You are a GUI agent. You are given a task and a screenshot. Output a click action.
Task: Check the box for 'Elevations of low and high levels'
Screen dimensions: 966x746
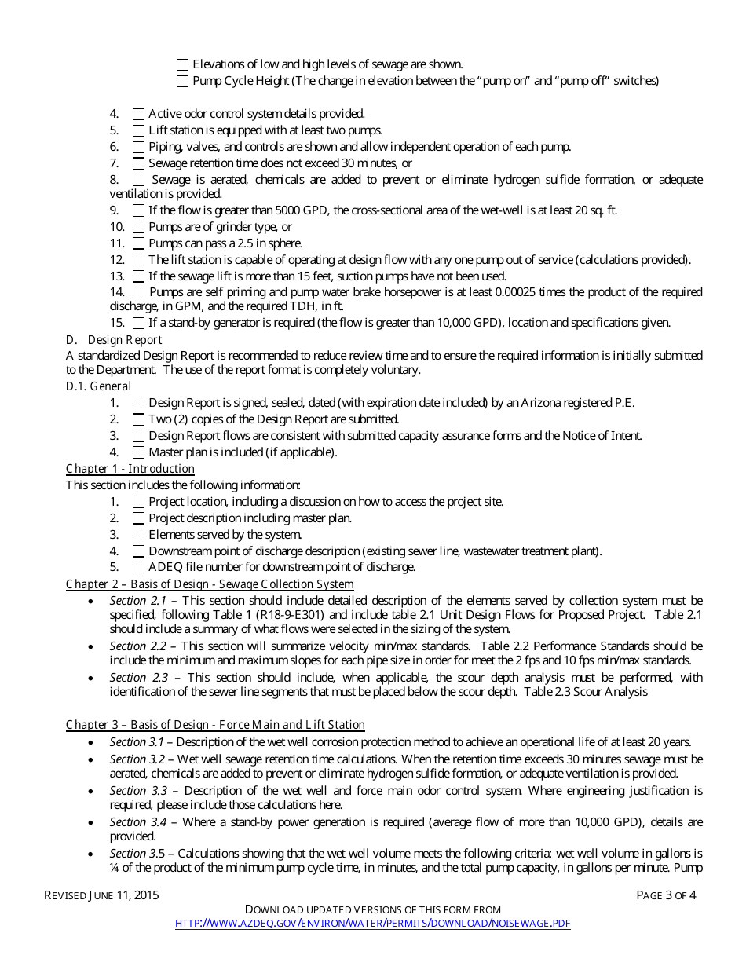click(x=183, y=65)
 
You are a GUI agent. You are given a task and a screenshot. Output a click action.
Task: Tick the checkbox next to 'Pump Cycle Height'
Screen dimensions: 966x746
click(x=183, y=81)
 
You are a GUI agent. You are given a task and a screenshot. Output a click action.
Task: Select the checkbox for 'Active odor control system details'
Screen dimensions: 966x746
click(x=139, y=114)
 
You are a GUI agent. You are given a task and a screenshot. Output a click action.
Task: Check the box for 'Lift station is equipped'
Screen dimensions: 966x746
click(x=139, y=130)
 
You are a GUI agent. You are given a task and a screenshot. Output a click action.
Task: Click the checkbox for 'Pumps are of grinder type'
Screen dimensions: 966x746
click(x=139, y=227)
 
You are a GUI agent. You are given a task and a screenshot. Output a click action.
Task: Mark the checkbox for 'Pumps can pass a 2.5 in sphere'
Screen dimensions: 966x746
click(x=139, y=243)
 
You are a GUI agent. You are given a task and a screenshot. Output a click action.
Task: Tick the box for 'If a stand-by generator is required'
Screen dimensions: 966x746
click(x=139, y=323)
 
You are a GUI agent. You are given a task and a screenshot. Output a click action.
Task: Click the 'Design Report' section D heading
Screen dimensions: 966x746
click(x=125, y=340)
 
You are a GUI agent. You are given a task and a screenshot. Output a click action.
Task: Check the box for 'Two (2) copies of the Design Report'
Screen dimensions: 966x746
click(x=139, y=419)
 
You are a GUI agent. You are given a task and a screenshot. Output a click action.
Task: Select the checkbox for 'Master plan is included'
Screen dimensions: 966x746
click(x=139, y=452)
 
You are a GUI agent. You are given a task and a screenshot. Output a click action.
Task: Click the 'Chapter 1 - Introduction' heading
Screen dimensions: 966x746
click(x=130, y=469)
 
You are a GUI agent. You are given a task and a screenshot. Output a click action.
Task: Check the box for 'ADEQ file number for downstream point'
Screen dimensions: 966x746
click(x=139, y=567)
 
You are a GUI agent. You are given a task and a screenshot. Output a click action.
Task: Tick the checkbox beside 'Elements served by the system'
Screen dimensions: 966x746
click(x=139, y=535)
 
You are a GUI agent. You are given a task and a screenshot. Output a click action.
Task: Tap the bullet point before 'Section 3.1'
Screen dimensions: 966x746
click(x=93, y=743)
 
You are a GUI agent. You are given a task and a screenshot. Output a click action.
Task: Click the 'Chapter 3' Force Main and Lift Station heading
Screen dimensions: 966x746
click(x=215, y=725)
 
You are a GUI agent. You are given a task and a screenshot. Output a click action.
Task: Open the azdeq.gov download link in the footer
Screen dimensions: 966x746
click(x=372, y=924)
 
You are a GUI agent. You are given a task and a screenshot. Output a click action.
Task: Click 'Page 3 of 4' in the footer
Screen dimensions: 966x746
click(x=666, y=895)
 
